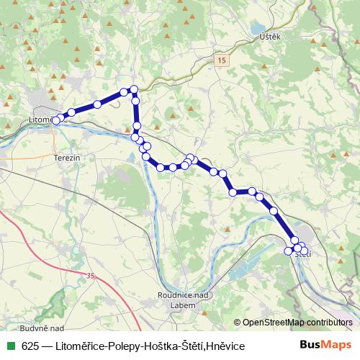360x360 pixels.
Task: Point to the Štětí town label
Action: coord(304,254)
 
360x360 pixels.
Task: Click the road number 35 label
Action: coord(90,276)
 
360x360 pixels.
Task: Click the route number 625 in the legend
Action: coord(30,346)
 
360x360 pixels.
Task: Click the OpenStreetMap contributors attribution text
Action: coord(297,322)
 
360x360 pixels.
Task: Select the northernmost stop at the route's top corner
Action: coord(133,89)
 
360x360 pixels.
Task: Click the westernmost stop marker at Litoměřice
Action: coord(55,120)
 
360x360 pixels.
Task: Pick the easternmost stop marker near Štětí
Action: coord(304,251)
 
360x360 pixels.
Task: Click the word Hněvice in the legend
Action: coord(225,346)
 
